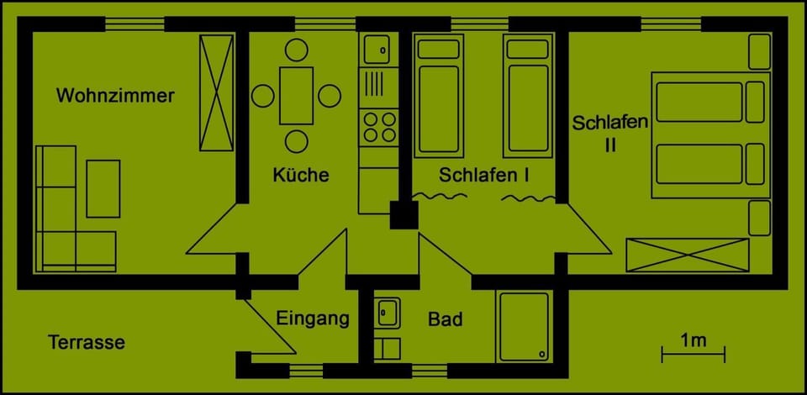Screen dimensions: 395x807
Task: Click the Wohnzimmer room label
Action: [115, 96]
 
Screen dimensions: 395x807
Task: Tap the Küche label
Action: [301, 176]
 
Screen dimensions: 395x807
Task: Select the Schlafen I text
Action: [484, 176]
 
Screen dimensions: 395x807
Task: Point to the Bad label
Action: [445, 320]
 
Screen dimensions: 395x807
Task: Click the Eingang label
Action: [312, 319]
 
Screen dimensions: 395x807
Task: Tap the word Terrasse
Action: [87, 343]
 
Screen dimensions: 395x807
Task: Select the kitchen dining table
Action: [297, 95]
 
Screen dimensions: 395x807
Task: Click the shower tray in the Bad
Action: [524, 326]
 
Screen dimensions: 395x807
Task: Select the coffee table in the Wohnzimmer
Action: [103, 187]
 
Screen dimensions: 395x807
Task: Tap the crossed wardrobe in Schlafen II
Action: [687, 255]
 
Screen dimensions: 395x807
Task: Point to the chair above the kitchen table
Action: [297, 50]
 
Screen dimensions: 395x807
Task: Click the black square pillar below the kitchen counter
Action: [404, 214]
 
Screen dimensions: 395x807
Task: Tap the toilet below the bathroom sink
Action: [388, 346]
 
